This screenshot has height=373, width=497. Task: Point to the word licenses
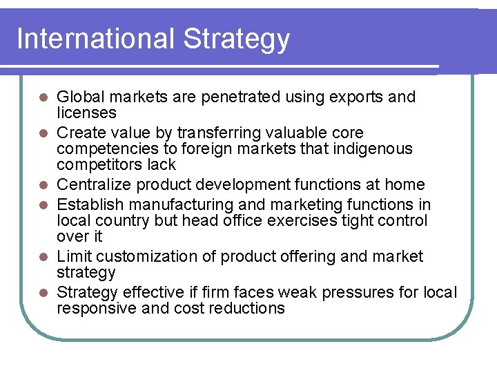(x=86, y=113)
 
